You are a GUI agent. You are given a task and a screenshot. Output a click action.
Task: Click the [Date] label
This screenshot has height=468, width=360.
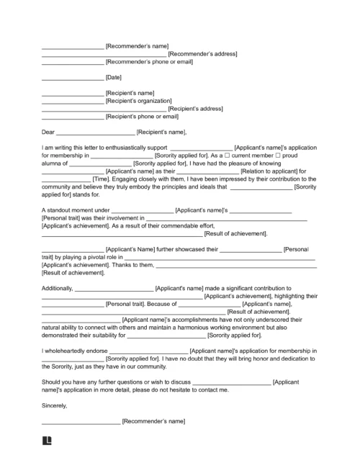point(114,77)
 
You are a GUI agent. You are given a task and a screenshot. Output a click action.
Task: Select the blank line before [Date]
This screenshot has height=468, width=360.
point(73,78)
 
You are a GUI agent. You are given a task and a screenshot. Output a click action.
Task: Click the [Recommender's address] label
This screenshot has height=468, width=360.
point(202,54)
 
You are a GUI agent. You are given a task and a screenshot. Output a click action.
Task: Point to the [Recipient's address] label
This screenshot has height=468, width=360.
point(189,109)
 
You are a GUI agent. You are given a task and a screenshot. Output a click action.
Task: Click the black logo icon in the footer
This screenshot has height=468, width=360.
point(48,438)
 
